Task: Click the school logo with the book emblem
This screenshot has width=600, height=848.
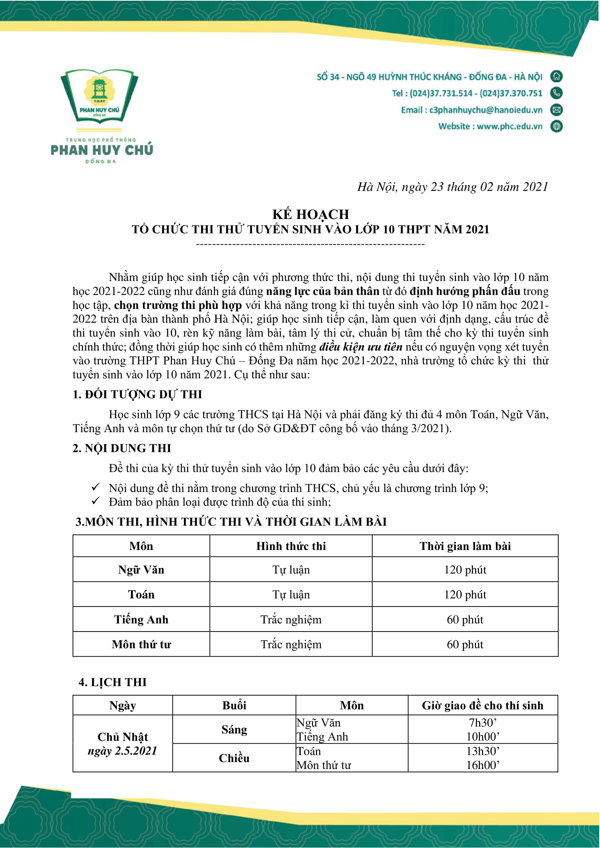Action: pyautogui.click(x=99, y=96)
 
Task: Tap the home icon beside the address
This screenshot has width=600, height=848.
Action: pyautogui.click(x=556, y=76)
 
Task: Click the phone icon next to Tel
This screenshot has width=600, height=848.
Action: pyautogui.click(x=556, y=93)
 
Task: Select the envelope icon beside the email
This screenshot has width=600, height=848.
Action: pyautogui.click(x=556, y=110)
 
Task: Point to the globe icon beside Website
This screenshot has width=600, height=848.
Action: pyautogui.click(x=556, y=126)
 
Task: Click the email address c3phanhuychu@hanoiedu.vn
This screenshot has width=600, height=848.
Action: pyautogui.click(x=485, y=110)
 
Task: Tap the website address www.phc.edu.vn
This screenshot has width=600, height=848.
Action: pyautogui.click(x=509, y=126)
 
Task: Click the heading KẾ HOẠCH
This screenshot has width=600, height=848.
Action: pyautogui.click(x=311, y=214)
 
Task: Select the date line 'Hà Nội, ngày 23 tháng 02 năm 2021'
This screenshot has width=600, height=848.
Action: pyautogui.click(x=452, y=187)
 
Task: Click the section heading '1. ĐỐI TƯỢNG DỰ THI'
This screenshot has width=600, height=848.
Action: pyautogui.click(x=137, y=394)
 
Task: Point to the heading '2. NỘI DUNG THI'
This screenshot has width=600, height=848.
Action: pyautogui.click(x=122, y=448)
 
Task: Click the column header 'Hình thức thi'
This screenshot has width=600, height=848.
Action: pyautogui.click(x=291, y=546)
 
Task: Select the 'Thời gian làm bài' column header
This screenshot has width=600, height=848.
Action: pyautogui.click(x=465, y=546)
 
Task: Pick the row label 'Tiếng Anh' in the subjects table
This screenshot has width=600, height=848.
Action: pyautogui.click(x=141, y=619)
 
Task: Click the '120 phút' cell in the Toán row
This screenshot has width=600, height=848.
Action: pyautogui.click(x=465, y=595)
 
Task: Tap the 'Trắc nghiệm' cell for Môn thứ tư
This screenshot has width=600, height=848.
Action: pyautogui.click(x=291, y=645)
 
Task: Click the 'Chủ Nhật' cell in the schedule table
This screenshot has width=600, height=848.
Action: pyautogui.click(x=123, y=737)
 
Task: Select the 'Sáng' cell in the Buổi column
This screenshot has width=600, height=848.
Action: pyautogui.click(x=234, y=729)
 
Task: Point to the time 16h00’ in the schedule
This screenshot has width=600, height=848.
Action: pyautogui.click(x=482, y=765)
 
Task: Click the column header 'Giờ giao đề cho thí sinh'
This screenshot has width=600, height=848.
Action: pyautogui.click(x=482, y=706)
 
